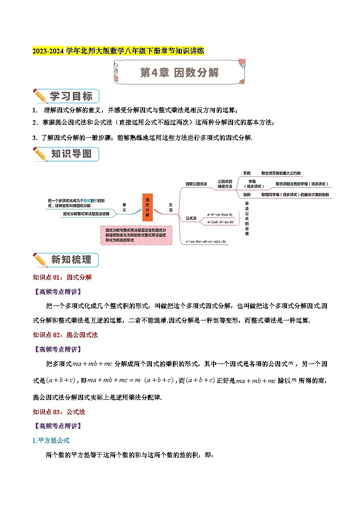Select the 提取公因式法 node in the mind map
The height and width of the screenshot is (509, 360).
(196, 184)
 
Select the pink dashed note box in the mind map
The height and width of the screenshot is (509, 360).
(136, 236)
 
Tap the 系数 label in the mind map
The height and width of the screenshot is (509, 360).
(247, 173)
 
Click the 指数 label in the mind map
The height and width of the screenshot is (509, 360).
(247, 194)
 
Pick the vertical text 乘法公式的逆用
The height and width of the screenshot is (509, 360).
(247, 218)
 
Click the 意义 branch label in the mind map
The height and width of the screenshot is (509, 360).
(124, 207)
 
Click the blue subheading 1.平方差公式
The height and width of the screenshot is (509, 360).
(51, 440)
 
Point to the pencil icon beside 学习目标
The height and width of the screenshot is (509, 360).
(40, 97)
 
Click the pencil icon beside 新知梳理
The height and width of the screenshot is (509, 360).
(40, 260)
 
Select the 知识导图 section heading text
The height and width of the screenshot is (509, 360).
(71, 154)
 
